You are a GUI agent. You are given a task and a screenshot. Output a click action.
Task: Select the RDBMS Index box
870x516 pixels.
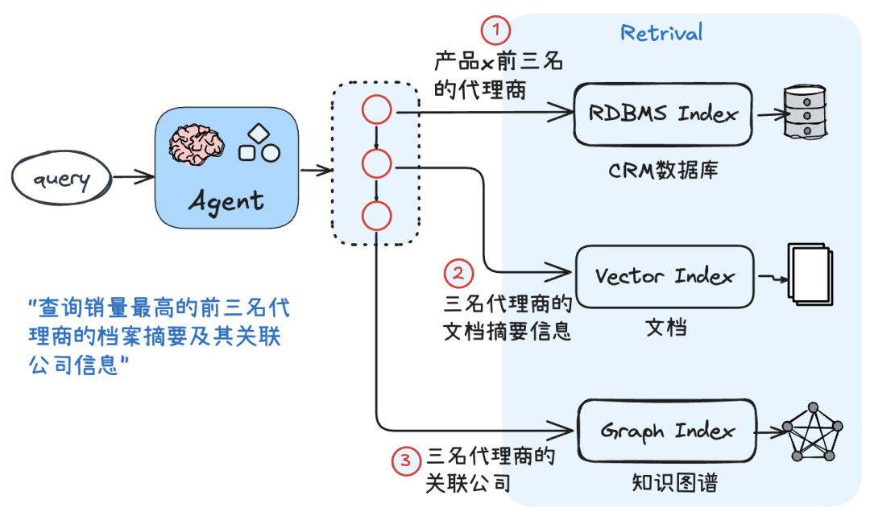tap(663, 114)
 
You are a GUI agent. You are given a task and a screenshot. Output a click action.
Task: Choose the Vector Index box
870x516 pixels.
tap(665, 276)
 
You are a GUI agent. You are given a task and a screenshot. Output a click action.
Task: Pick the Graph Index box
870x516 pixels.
tap(668, 431)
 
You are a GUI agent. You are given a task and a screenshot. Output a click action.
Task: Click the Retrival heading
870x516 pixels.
tap(661, 33)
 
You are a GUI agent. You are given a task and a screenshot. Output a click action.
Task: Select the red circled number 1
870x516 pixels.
tap(496, 31)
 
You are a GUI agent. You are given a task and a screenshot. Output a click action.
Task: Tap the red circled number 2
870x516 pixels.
tap(458, 274)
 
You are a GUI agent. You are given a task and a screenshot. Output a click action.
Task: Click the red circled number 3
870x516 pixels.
tap(406, 460)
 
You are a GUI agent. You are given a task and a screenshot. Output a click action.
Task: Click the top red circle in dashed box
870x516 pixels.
tap(376, 111)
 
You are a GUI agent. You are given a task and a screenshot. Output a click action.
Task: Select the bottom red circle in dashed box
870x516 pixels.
tap(376, 216)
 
